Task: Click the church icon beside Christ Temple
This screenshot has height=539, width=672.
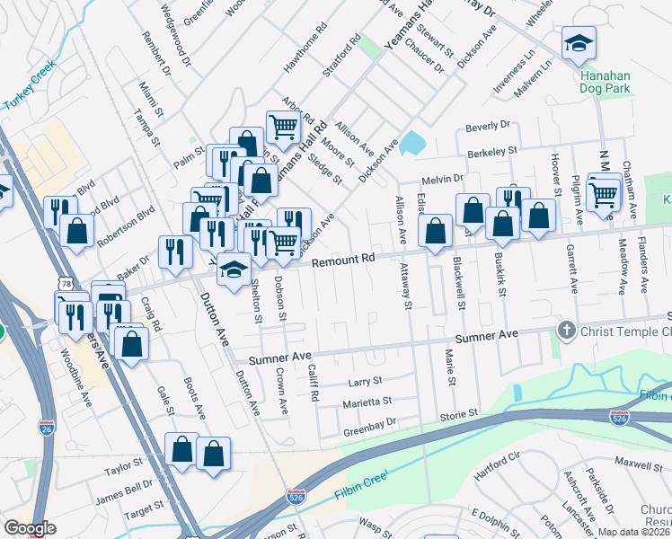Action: coord(566,331)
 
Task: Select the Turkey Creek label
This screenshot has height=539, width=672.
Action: coord(30,86)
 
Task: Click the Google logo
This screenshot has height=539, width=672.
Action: coord(30,527)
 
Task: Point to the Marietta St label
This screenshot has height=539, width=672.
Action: coord(367,402)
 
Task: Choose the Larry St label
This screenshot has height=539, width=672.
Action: coord(365,383)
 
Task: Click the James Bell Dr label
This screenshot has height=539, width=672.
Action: coord(124,490)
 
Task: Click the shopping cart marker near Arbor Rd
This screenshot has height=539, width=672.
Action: coord(284,128)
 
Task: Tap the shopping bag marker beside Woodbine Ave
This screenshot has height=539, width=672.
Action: coord(131,343)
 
